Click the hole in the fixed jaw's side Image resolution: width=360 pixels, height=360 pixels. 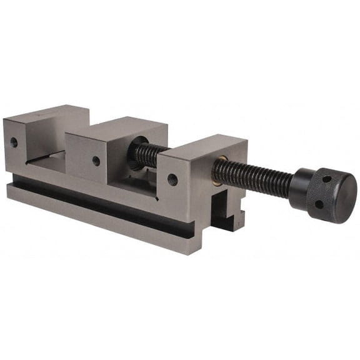coord(14,142)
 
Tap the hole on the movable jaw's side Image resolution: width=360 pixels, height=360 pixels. coord(96,161)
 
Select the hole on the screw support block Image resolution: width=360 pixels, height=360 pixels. coord(172,179)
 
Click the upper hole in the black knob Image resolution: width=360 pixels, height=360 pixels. coord(326,180)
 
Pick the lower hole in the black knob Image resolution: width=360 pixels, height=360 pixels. coord(319,204)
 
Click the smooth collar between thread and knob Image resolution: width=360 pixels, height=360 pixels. coord(299,189)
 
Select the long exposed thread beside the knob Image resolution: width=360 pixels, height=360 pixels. coord(253,176)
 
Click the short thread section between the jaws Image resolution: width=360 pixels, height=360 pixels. coord(145,154)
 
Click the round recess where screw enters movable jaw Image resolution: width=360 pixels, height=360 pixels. coord(139,144)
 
